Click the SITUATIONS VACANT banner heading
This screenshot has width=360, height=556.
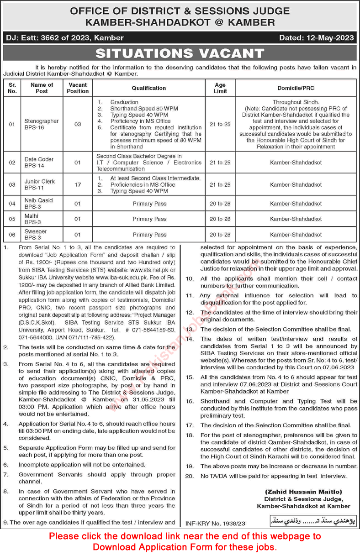pyautogui.click(x=180, y=53)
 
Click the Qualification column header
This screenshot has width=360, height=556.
pyautogui.click(x=149, y=88)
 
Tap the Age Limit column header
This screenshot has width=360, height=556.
pyautogui.click(x=220, y=88)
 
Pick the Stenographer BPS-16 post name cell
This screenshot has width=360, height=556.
pyautogui.click(x=42, y=124)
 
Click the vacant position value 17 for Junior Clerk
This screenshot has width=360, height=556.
pyautogui.click(x=78, y=184)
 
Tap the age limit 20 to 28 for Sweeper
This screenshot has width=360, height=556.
pyautogui.click(x=220, y=235)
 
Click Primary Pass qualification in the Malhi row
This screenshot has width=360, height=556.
pyautogui.click(x=149, y=219)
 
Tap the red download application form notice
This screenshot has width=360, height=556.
pyautogui.click(x=185, y=541)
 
